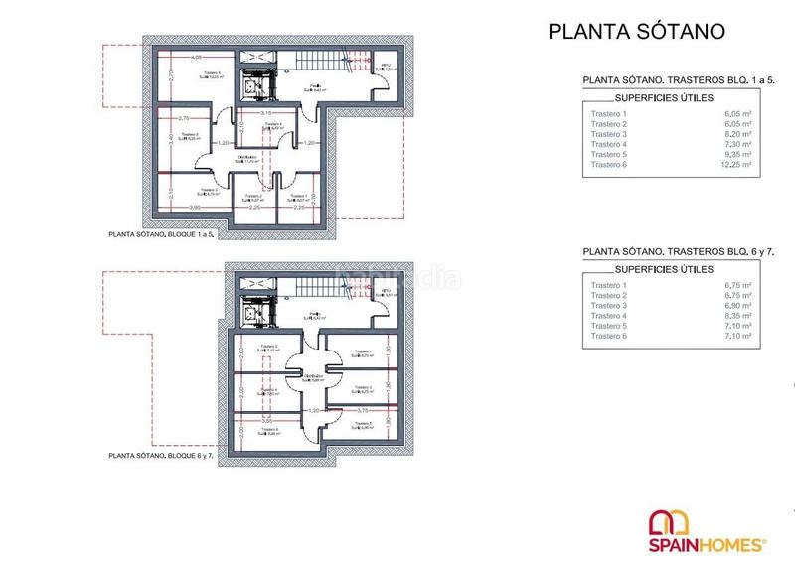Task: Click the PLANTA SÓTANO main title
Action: point(637,31)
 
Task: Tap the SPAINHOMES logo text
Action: point(708,544)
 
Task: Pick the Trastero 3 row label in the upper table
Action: point(609,134)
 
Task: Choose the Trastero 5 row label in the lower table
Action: point(609,327)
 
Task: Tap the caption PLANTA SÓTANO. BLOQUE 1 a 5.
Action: point(161,236)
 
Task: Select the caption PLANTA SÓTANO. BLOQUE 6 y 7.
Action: point(162,456)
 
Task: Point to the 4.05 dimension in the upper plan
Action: point(197,57)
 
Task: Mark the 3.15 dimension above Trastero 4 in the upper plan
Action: point(267,113)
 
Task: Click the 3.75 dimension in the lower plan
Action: point(363,410)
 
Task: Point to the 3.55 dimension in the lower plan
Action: point(266,421)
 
